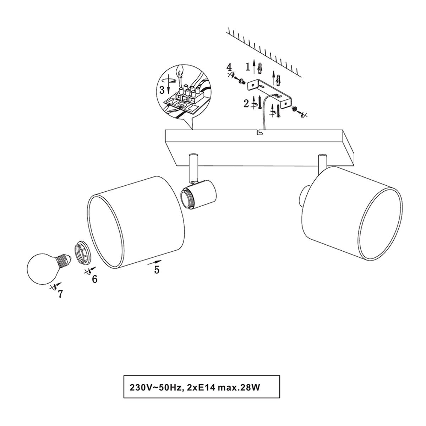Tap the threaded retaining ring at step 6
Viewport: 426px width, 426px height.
click(82, 252)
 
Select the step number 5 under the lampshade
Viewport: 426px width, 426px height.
click(157, 270)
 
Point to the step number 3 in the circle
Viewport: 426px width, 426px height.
click(162, 90)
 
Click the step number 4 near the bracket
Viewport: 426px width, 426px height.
click(229, 67)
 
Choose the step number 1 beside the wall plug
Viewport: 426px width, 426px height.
click(248, 66)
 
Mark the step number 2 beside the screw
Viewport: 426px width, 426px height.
click(246, 104)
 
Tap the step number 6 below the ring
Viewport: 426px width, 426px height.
click(95, 279)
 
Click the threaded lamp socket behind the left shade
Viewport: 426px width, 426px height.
click(198, 194)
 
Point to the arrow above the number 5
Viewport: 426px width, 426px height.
click(154, 262)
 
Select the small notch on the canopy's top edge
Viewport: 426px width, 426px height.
click(260, 132)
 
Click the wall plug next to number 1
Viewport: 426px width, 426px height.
click(260, 68)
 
